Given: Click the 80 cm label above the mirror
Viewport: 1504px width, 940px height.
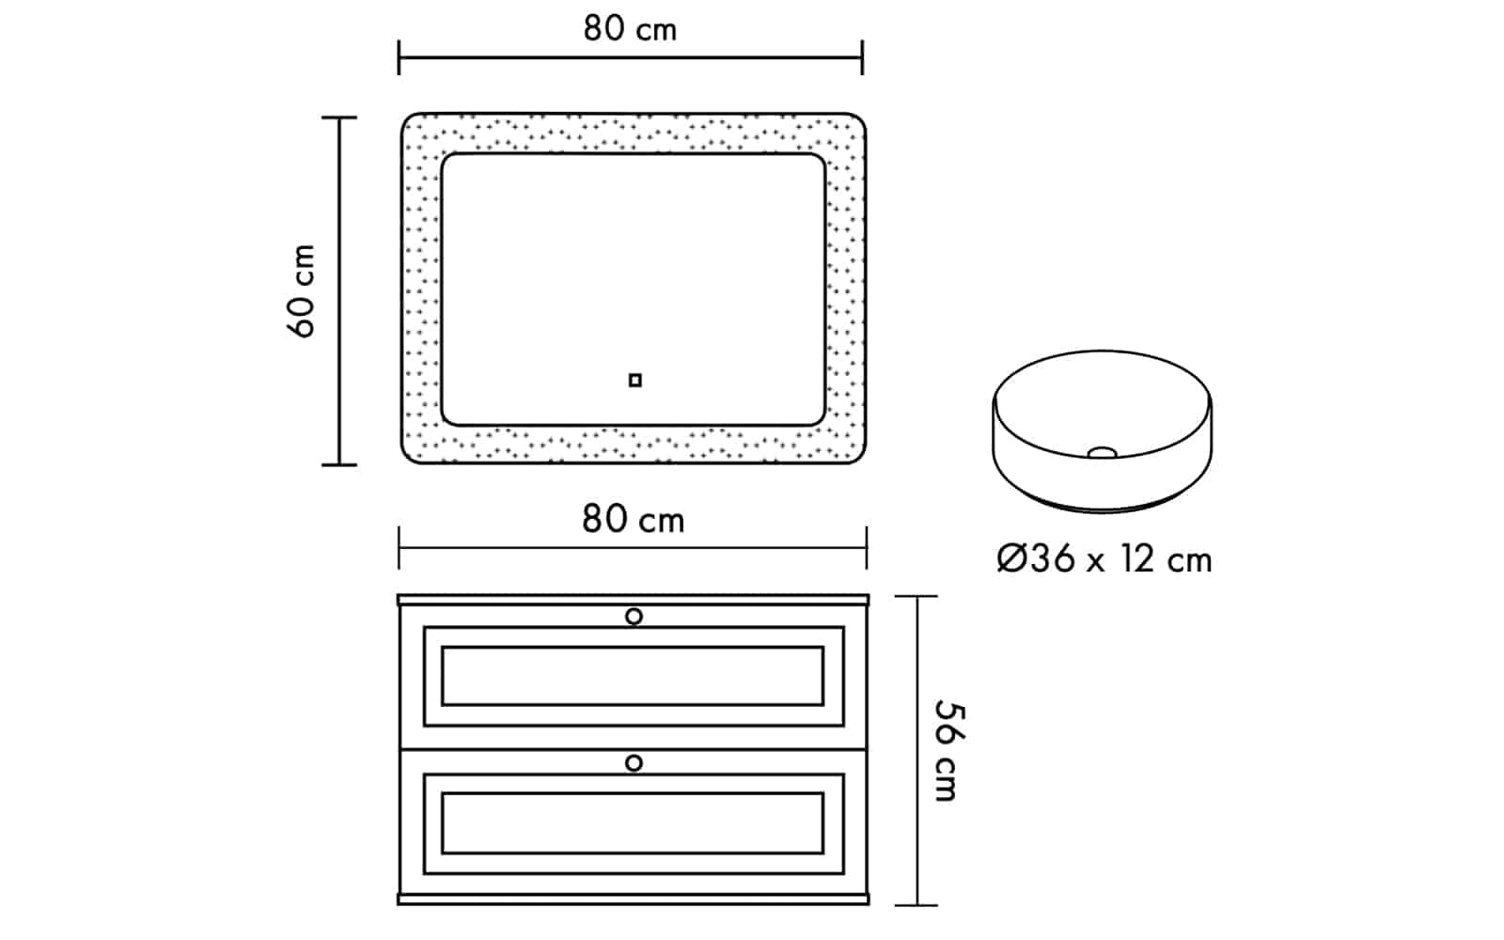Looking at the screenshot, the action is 630,29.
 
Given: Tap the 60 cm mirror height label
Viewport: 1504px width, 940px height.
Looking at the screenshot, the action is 302,290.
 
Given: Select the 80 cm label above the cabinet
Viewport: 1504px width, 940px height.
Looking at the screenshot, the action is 633,519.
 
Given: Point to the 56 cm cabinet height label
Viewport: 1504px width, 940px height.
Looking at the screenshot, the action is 948,750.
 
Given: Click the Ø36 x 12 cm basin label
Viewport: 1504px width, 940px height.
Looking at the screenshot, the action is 1104,558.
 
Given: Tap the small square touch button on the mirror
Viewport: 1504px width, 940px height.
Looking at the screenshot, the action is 635,381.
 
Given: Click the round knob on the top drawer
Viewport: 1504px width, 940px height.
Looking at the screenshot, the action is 634,617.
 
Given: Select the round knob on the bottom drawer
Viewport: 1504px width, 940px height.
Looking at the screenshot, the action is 634,763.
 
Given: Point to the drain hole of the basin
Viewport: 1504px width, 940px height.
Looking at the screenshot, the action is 1102,453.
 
